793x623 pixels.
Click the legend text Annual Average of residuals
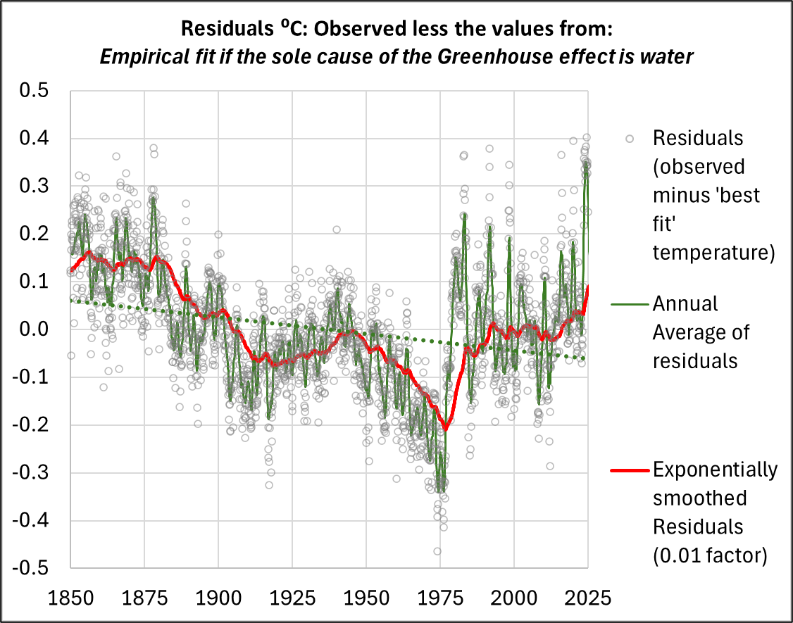click(x=701, y=332)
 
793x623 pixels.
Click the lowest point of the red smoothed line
click(x=445, y=429)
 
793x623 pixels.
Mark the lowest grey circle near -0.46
click(x=437, y=551)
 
